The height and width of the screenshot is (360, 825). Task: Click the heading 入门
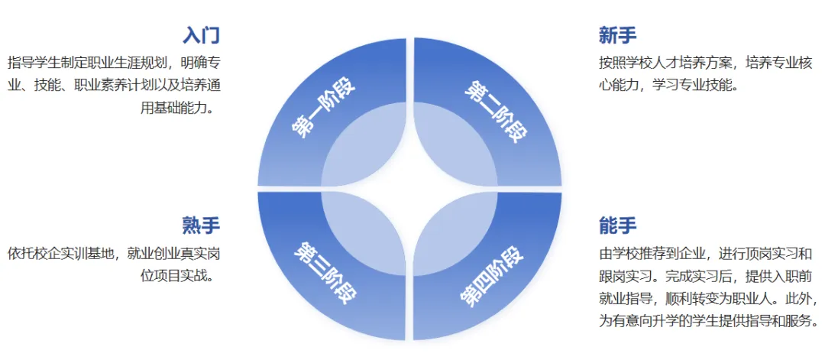click(x=202, y=35)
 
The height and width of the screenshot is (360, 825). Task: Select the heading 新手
click(x=618, y=35)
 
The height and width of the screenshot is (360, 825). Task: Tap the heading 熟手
click(x=201, y=225)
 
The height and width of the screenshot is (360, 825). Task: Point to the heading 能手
click(x=618, y=225)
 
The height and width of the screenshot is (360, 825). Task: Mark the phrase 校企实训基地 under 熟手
click(x=78, y=253)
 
